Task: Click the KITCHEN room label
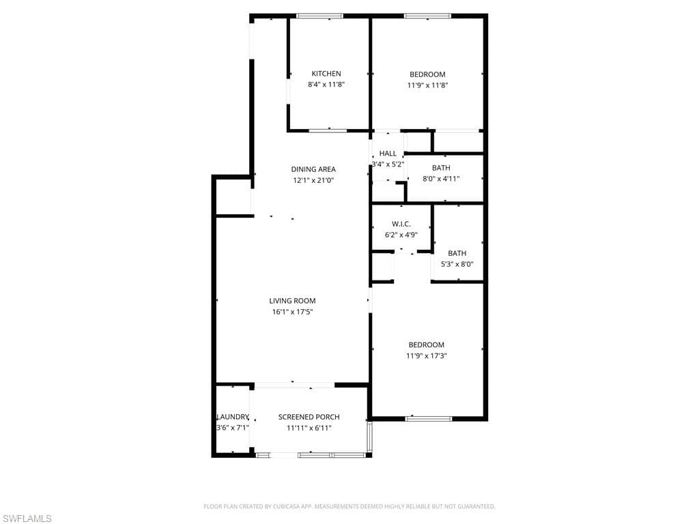(x=326, y=74)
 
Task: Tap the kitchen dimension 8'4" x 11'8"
(x=326, y=85)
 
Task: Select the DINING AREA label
(x=313, y=169)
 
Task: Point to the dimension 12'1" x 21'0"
(x=313, y=180)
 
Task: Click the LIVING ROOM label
(x=292, y=301)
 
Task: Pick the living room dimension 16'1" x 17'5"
(x=292, y=312)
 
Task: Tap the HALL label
(x=388, y=154)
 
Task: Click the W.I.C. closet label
(x=401, y=224)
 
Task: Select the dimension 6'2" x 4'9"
(x=401, y=235)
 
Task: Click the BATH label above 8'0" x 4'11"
(x=441, y=168)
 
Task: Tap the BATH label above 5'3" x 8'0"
(x=457, y=253)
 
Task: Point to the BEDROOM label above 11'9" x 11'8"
(x=427, y=74)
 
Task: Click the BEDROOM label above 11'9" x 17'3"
(x=427, y=345)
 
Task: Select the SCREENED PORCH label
(x=309, y=417)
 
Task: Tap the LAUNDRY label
(x=233, y=417)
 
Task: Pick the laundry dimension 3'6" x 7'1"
(x=233, y=428)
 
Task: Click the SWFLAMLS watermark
(x=26, y=519)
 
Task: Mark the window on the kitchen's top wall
(x=320, y=16)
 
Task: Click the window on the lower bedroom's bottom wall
(x=429, y=418)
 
